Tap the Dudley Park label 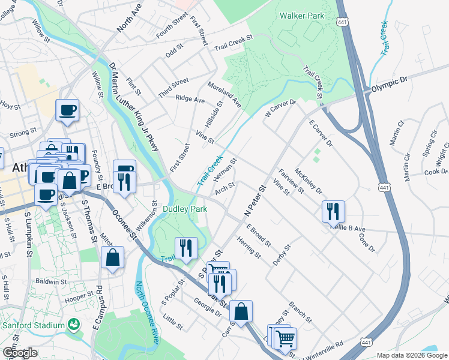[x=185, y=209]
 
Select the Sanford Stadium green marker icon [x=74, y=325]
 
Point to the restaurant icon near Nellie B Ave [x=333, y=212]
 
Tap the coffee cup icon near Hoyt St [x=67, y=110]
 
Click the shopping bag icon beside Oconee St [x=112, y=258]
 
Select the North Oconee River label [x=147, y=312]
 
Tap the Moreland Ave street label [x=225, y=95]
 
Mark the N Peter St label [x=255, y=202]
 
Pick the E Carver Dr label [x=321, y=133]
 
